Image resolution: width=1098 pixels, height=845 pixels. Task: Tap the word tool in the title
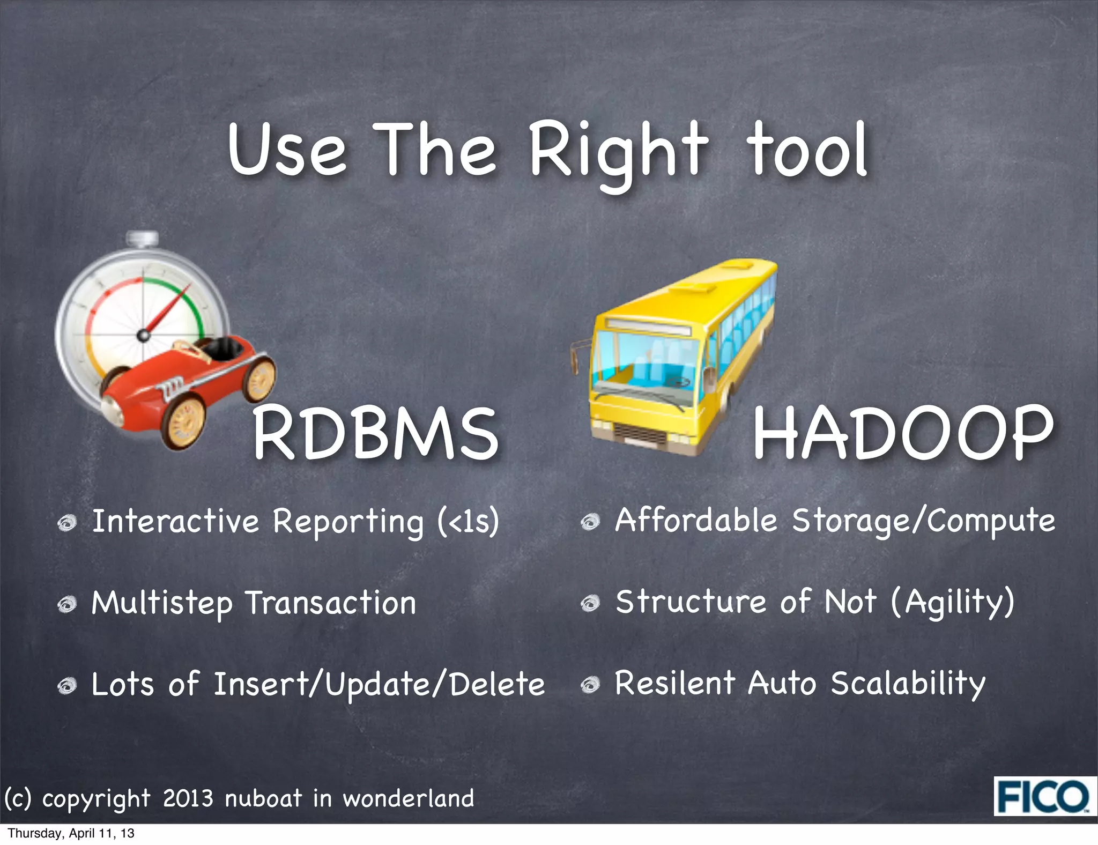(x=808, y=150)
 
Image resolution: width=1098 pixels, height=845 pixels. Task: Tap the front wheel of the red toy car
(x=185, y=421)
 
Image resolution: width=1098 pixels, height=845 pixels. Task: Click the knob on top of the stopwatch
(x=142, y=238)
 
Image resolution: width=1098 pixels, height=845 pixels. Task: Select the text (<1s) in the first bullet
(x=468, y=522)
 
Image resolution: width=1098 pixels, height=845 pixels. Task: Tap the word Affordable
(x=696, y=520)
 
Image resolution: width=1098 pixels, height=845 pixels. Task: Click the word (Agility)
(x=953, y=602)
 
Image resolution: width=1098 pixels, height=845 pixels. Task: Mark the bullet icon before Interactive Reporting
(x=68, y=523)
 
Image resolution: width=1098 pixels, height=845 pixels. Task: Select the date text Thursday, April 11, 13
(x=71, y=833)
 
